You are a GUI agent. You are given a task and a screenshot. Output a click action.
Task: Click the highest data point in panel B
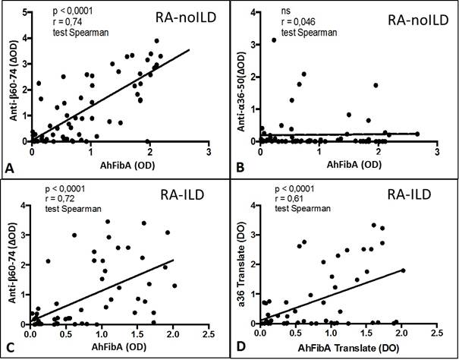pos(274,39)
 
